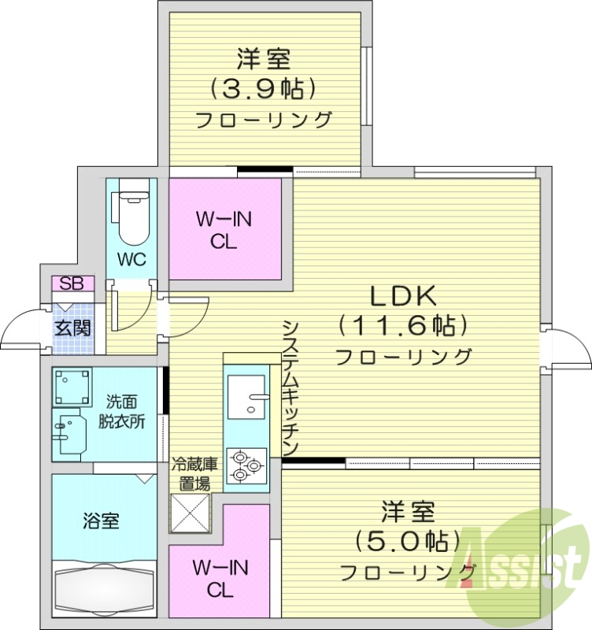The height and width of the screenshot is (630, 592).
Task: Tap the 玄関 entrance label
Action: (72, 327)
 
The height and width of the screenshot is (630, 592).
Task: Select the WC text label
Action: (131, 260)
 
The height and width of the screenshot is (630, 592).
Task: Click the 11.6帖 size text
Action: (403, 324)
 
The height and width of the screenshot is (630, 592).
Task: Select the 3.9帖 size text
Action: (263, 87)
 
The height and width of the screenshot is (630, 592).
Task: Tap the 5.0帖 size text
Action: (408, 540)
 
